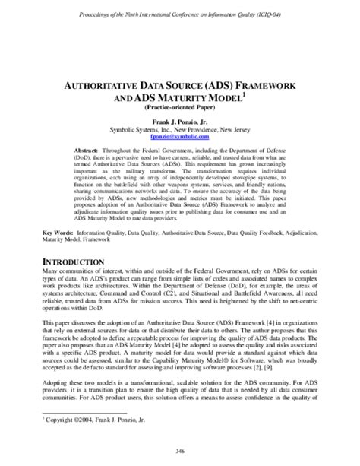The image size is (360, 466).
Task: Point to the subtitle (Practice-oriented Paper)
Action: [x=181, y=109]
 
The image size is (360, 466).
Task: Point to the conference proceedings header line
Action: [x=181, y=14]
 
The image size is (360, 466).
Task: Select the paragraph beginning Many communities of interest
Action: [x=180, y=255]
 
